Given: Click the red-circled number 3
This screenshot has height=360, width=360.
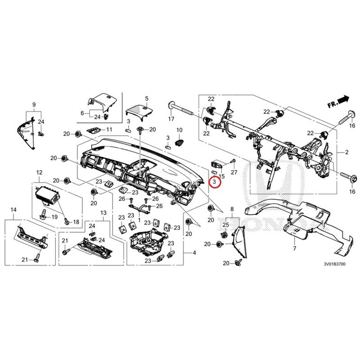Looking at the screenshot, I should (x=215, y=182).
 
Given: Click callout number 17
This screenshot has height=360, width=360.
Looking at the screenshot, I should (x=171, y=119).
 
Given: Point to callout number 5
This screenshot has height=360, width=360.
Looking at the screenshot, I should (x=146, y=98).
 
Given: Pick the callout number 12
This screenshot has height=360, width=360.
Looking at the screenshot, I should (x=39, y=172).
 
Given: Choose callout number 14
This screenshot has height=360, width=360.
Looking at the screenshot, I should (x=13, y=210).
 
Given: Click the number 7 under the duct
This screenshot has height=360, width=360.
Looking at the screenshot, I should (x=294, y=249).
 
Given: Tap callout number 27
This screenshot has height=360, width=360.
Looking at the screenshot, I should (x=234, y=173).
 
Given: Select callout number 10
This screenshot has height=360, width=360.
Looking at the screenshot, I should (x=179, y=130).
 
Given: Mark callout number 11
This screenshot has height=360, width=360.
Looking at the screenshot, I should (x=108, y=130).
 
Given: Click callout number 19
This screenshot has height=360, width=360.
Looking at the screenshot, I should (x=54, y=217).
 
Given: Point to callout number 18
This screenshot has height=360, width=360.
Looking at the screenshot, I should (x=75, y=222).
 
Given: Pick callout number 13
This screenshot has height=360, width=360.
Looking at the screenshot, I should (x=103, y=212).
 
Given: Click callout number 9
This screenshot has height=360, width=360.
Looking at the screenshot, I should (x=34, y=104).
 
